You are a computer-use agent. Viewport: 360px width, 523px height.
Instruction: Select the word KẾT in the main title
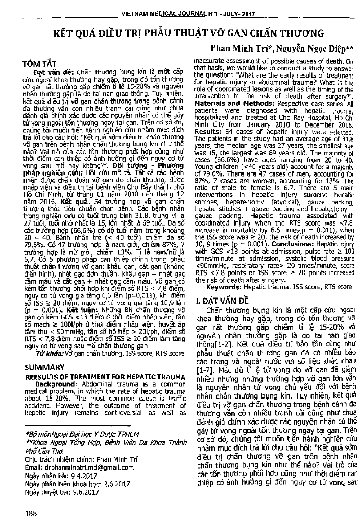click(x=67, y=34)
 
